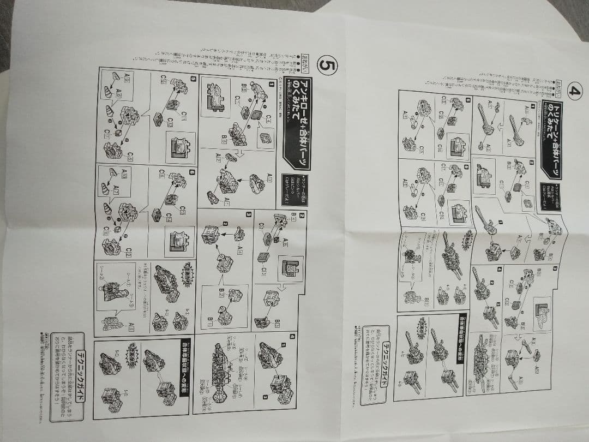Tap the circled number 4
point(573,90)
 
